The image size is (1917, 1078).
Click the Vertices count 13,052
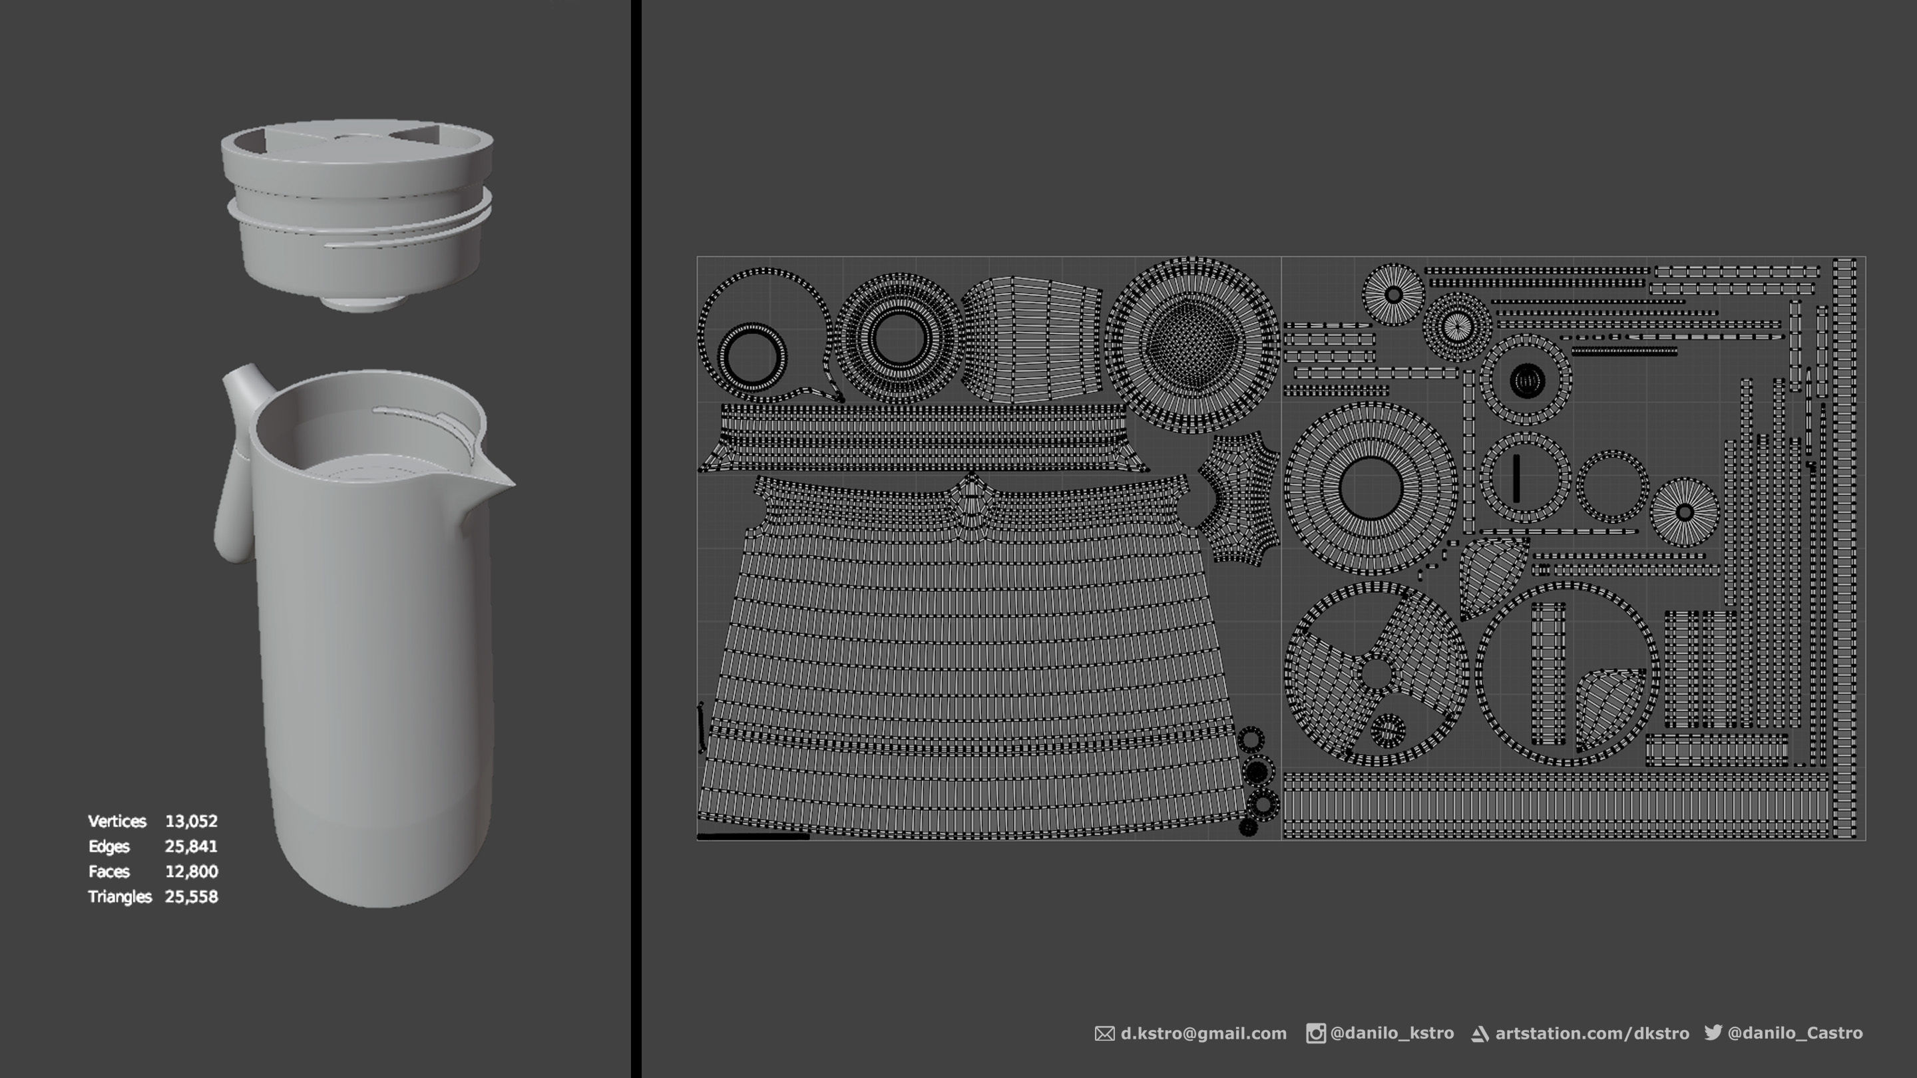(191, 821)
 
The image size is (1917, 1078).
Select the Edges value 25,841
(191, 846)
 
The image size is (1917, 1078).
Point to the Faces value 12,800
(191, 872)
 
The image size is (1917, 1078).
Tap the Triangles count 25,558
(191, 897)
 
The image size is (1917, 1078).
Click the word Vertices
(117, 821)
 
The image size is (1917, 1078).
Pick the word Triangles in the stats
(119, 897)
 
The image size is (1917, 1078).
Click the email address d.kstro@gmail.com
(1203, 1033)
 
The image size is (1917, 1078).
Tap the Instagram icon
(1315, 1033)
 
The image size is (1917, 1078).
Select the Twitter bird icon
(1713, 1032)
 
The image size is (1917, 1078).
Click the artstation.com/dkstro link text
(1592, 1033)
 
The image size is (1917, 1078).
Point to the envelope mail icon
(1104, 1034)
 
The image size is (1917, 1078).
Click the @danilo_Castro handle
(1795, 1033)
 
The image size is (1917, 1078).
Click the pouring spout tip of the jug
(509, 484)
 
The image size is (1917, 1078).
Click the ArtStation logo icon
(1480, 1034)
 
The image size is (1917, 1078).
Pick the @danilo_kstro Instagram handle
(1392, 1033)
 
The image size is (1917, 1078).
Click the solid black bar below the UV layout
(752, 836)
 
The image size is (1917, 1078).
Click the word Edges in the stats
(108, 846)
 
